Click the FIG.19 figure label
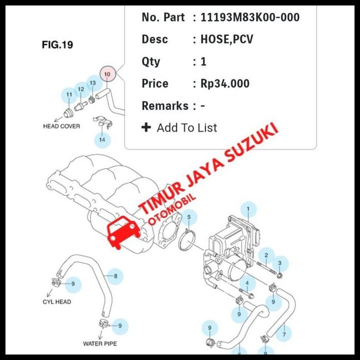pos(57,45)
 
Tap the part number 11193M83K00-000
pos(250,17)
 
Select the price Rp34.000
pos(225,83)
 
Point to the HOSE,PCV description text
pos(227,39)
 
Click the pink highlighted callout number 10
pos(107,74)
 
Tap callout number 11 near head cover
pos(69,94)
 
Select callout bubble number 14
pos(102,140)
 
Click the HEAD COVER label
pos(61,126)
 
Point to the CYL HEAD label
pos(57,302)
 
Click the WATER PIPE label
pos(100,344)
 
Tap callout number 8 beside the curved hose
pos(115,276)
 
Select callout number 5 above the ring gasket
pos(189,217)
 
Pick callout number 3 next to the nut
pos(280,263)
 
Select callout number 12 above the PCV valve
pos(81,89)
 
